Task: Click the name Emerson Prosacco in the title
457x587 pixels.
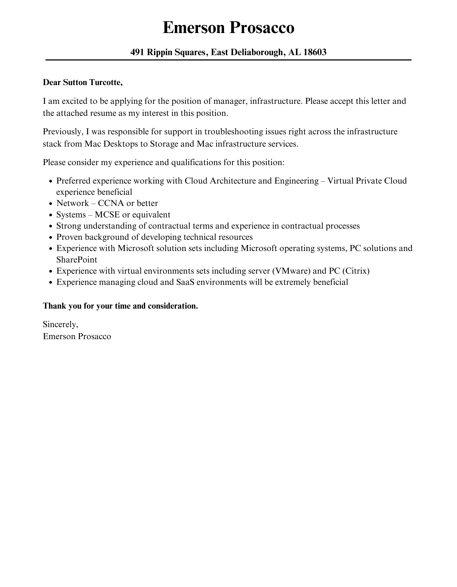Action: pyautogui.click(x=228, y=28)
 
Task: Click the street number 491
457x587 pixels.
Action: pyautogui.click(x=137, y=52)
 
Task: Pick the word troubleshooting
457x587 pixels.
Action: pyautogui.click(x=234, y=132)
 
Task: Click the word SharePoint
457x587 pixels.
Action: pyautogui.click(x=77, y=260)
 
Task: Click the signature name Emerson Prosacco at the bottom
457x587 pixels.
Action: pyautogui.click(x=77, y=336)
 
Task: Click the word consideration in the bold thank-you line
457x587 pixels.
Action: pyautogui.click(x=173, y=306)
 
